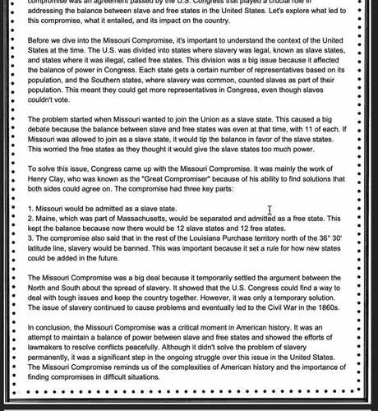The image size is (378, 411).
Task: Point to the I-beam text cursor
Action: tap(270, 212)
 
